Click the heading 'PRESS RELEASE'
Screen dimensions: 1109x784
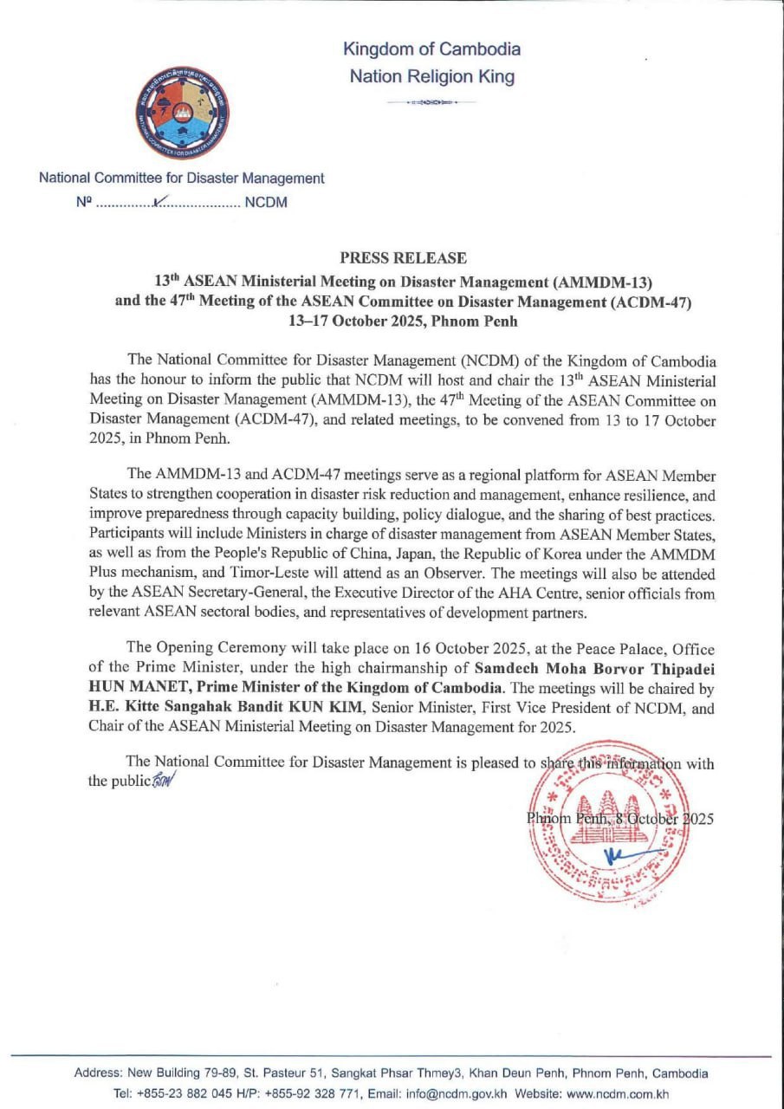403,257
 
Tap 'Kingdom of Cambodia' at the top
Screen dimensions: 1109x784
431,49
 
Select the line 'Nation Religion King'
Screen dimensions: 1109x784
431,76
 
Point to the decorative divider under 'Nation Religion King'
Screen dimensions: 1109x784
431,102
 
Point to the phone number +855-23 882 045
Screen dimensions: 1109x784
181,1093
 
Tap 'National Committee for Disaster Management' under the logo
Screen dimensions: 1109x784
181,178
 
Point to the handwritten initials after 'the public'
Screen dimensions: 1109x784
162,780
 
